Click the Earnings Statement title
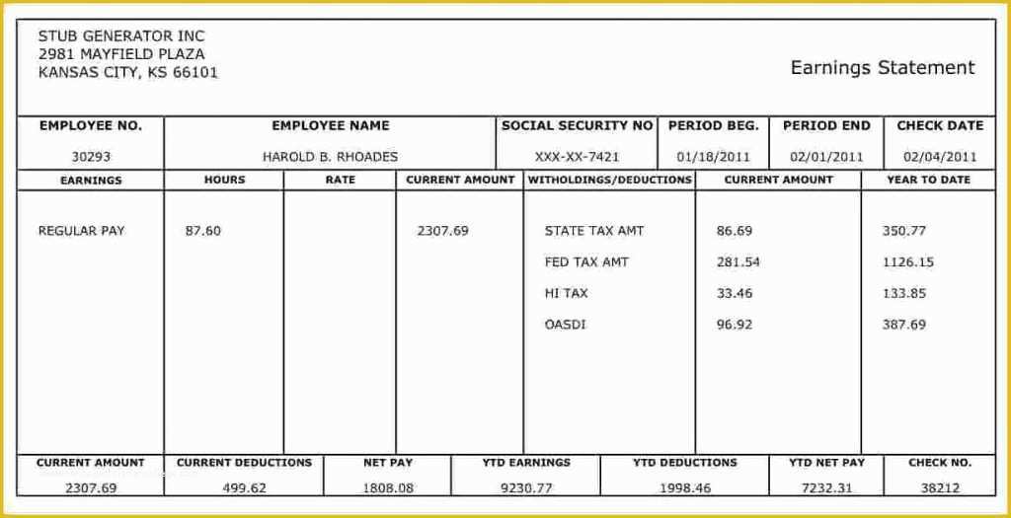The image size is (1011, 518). click(x=882, y=68)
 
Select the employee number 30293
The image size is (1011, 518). click(x=91, y=156)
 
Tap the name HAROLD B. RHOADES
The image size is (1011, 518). click(x=330, y=156)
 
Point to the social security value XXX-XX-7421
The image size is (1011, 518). click(x=578, y=156)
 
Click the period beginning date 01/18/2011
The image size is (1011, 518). click(x=714, y=156)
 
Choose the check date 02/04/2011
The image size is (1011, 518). click(x=940, y=156)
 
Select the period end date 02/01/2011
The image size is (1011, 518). click(x=826, y=156)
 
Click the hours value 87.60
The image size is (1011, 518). click(x=203, y=231)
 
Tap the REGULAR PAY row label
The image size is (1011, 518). click(x=81, y=231)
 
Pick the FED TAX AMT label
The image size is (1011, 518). click(x=586, y=262)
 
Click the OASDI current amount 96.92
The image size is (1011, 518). click(x=735, y=325)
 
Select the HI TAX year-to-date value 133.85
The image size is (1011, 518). click(x=904, y=293)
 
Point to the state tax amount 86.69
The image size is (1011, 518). click(x=735, y=231)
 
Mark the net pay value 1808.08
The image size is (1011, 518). click(x=388, y=487)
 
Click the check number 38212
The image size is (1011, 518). click(x=940, y=487)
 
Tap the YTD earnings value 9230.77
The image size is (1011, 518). click(x=526, y=487)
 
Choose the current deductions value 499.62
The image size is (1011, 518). click(x=244, y=487)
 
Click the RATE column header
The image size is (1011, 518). click(x=340, y=181)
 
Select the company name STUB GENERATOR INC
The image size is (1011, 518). click(x=121, y=37)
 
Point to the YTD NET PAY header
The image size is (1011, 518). click(x=826, y=463)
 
